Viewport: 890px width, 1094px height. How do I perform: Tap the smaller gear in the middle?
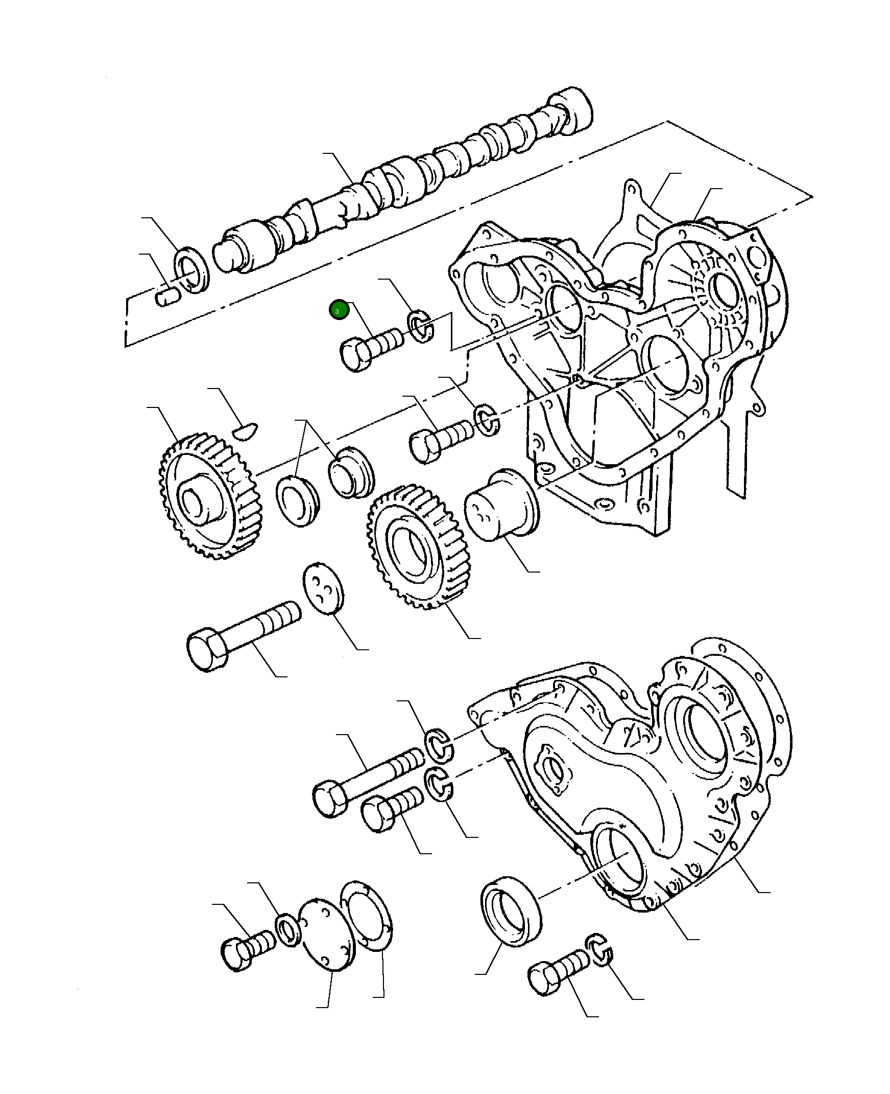pos(413,546)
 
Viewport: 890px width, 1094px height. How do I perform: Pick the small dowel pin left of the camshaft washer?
pos(167,297)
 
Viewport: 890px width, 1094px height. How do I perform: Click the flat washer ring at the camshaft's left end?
pos(193,270)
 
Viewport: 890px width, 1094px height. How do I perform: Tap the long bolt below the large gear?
pos(242,636)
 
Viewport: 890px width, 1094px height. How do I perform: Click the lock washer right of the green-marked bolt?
pos(421,326)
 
